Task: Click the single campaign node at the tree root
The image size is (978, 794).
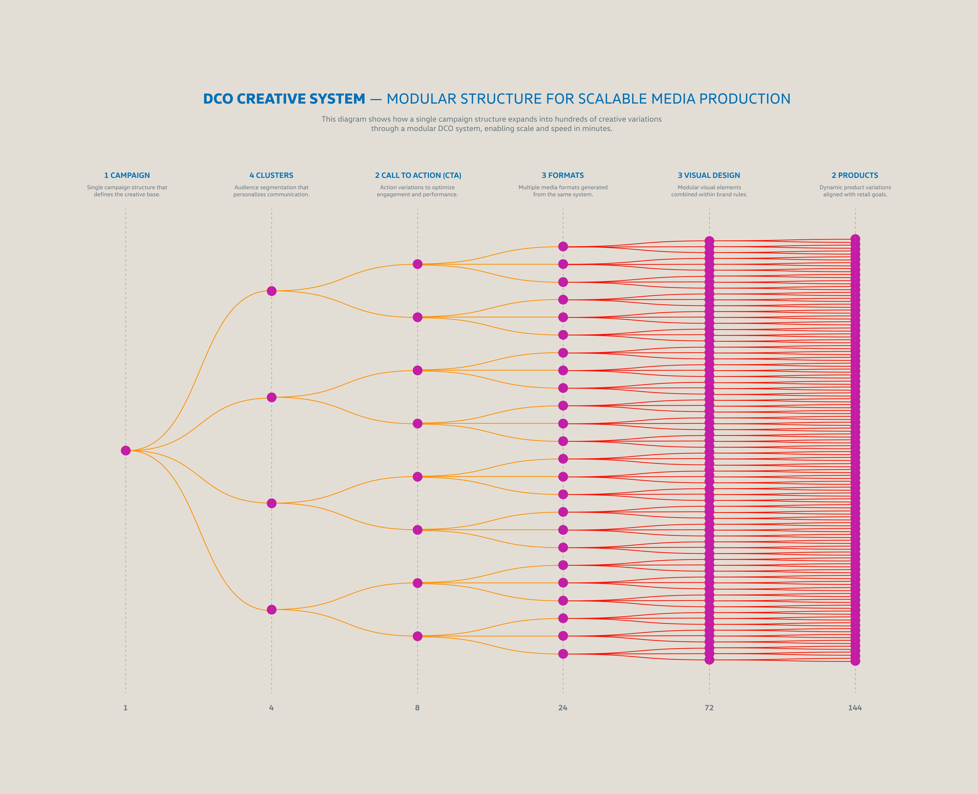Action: tap(126, 451)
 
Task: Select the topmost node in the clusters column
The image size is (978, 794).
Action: tap(271, 291)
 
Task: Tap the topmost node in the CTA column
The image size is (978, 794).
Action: tap(417, 264)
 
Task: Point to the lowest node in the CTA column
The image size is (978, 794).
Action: tap(417, 636)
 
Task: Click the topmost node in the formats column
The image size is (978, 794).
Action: tap(563, 246)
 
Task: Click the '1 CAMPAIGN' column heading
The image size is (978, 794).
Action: tap(127, 175)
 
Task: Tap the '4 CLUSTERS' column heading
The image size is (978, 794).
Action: tap(271, 175)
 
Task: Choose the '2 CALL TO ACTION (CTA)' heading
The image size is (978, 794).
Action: tap(418, 175)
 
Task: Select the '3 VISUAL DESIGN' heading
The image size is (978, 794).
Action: tap(709, 175)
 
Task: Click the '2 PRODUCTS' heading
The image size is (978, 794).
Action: tap(855, 175)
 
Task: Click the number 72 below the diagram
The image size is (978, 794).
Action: tap(709, 708)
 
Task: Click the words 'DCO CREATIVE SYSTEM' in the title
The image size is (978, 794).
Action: tap(284, 99)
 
